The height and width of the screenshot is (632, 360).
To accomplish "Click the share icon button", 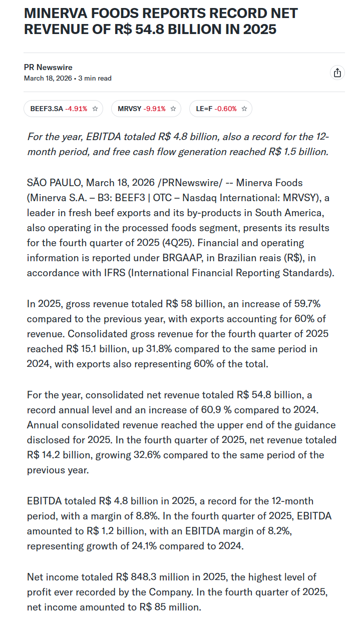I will click(x=337, y=73).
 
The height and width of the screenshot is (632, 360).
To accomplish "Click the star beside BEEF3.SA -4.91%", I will click(x=95, y=109).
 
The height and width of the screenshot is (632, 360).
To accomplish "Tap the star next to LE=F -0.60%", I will click(x=244, y=109).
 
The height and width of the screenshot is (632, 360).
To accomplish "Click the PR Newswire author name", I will click(x=48, y=68).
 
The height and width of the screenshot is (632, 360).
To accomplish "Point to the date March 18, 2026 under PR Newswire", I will click(x=48, y=79).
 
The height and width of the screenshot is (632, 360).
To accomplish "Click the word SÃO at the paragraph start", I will click(x=38, y=183).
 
